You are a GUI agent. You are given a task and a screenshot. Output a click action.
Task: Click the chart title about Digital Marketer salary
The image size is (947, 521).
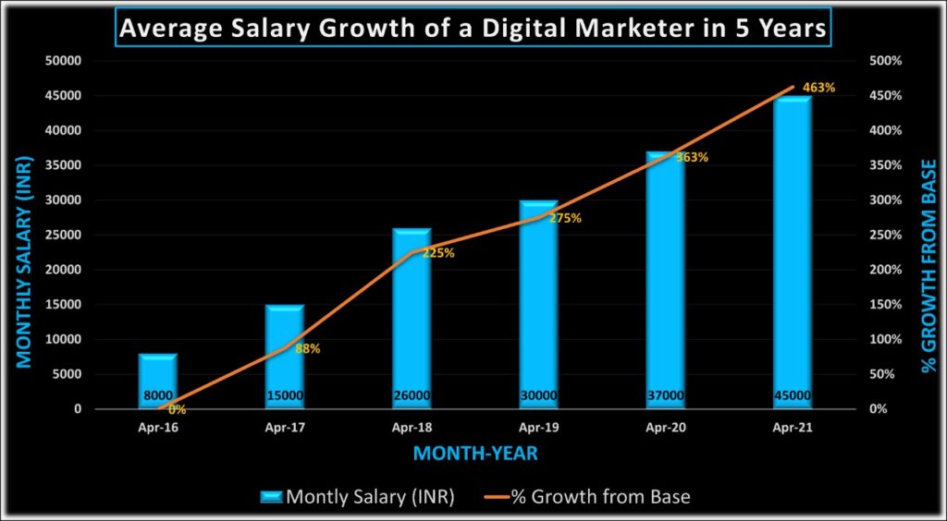click(x=473, y=29)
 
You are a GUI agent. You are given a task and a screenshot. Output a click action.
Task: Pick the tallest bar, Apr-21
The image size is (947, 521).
click(x=792, y=249)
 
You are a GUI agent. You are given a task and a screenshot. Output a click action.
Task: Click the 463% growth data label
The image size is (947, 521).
click(x=819, y=88)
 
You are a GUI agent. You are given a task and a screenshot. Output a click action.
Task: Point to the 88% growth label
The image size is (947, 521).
click(x=308, y=349)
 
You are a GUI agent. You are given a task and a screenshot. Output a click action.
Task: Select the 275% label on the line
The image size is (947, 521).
click(x=564, y=219)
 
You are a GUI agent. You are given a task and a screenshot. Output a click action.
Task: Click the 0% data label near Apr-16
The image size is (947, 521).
click(x=177, y=409)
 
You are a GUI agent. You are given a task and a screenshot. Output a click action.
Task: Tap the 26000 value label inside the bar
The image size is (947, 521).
click(x=412, y=396)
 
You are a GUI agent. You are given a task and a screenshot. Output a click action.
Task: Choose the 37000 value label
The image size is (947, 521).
click(x=665, y=396)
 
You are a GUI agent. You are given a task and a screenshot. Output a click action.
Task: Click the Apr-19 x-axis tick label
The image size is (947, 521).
click(x=538, y=428)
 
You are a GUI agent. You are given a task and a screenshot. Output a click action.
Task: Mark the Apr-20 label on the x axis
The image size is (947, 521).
click(x=665, y=428)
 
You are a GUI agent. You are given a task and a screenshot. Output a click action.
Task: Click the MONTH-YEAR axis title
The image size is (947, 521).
click(x=474, y=454)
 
